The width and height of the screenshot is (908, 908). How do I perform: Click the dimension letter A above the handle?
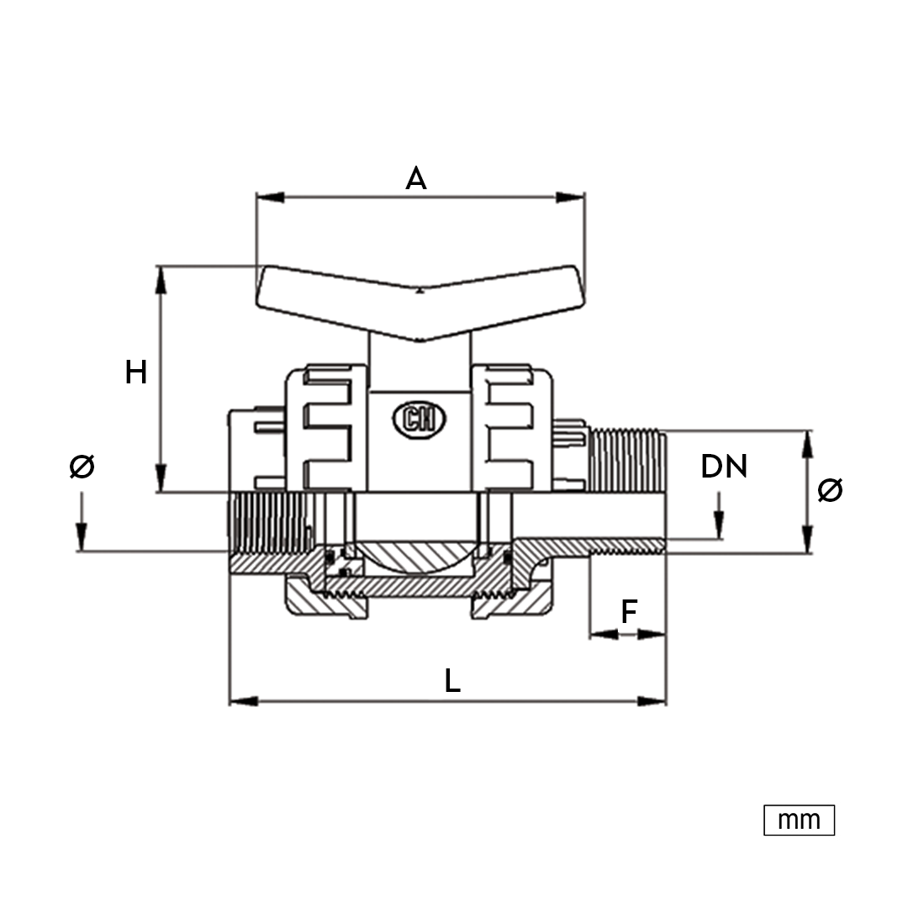416,178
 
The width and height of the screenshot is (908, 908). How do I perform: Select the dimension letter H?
136,372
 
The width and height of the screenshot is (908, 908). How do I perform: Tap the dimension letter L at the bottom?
452,680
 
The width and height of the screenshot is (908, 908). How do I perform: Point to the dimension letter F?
629,611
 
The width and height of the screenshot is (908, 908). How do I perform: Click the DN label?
724,466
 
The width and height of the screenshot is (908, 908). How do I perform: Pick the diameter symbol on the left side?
82,466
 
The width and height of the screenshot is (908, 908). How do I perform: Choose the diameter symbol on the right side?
830,490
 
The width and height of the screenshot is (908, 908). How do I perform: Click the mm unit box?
800,820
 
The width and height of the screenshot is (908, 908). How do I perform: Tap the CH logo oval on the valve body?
420,418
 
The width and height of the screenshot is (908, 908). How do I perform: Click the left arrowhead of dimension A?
270,198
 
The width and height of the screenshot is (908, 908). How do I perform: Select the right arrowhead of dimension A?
570,198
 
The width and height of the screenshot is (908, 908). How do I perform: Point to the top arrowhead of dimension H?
161,280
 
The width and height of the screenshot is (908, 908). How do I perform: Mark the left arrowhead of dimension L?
244,701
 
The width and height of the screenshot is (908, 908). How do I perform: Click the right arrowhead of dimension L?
652,701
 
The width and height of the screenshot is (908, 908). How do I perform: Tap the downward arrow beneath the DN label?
719,515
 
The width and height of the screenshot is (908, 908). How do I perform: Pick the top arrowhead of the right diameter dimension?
809,445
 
